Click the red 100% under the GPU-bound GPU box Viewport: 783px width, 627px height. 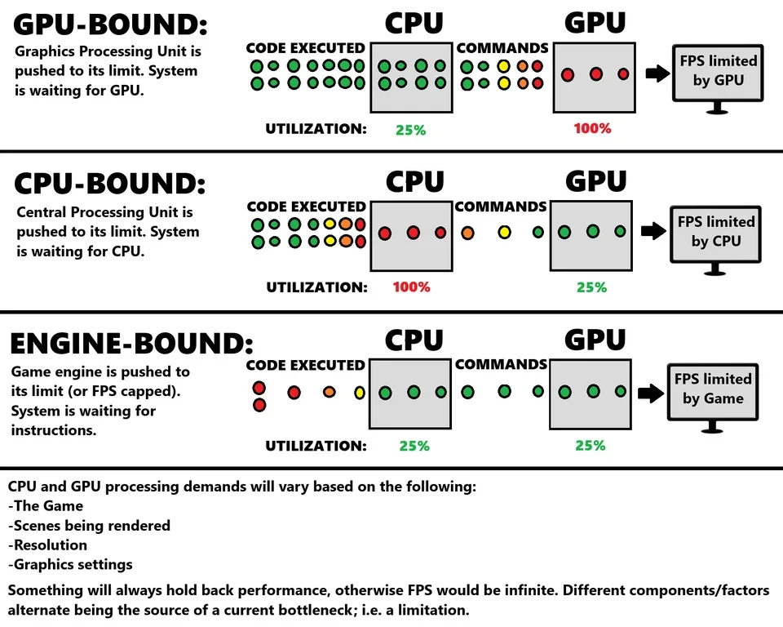[x=593, y=128]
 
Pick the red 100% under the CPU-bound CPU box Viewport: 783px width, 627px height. [x=411, y=287]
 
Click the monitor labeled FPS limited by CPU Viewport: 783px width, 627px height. [x=716, y=236]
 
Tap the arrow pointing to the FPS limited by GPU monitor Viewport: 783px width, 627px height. [x=656, y=74]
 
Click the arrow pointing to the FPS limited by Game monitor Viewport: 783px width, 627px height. [x=651, y=394]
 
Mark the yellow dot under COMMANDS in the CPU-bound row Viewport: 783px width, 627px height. [x=504, y=233]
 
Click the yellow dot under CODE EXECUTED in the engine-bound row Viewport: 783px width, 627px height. [x=360, y=393]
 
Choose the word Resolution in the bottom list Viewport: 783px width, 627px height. [x=51, y=545]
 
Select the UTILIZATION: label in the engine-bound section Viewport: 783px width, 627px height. [x=316, y=446]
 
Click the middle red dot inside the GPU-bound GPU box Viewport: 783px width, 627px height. [x=595, y=74]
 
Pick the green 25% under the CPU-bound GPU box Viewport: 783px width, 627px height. [x=591, y=287]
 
